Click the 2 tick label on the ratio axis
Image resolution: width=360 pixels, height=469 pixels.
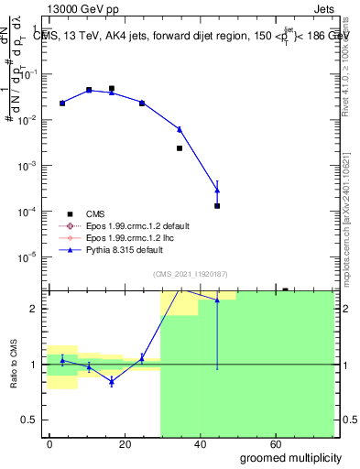[x=37, y=309]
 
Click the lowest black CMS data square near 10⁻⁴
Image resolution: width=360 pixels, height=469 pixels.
[x=217, y=206]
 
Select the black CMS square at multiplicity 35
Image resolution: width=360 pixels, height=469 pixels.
[x=180, y=147]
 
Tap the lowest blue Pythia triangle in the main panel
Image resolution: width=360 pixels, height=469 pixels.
[x=217, y=190]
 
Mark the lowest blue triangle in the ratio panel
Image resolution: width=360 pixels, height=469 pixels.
[x=111, y=381]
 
